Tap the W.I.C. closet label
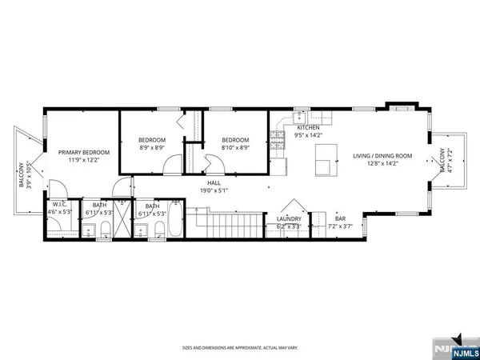click(x=58, y=205)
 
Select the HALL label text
click(x=214, y=182)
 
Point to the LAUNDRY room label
click(x=289, y=218)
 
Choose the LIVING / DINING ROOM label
click(x=382, y=156)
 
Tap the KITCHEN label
click(x=309, y=128)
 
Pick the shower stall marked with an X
click(x=121, y=226)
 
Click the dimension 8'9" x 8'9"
click(x=151, y=147)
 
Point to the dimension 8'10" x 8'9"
click(x=235, y=147)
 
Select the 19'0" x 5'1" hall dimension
click(x=214, y=190)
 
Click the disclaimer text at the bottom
click(x=239, y=348)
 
